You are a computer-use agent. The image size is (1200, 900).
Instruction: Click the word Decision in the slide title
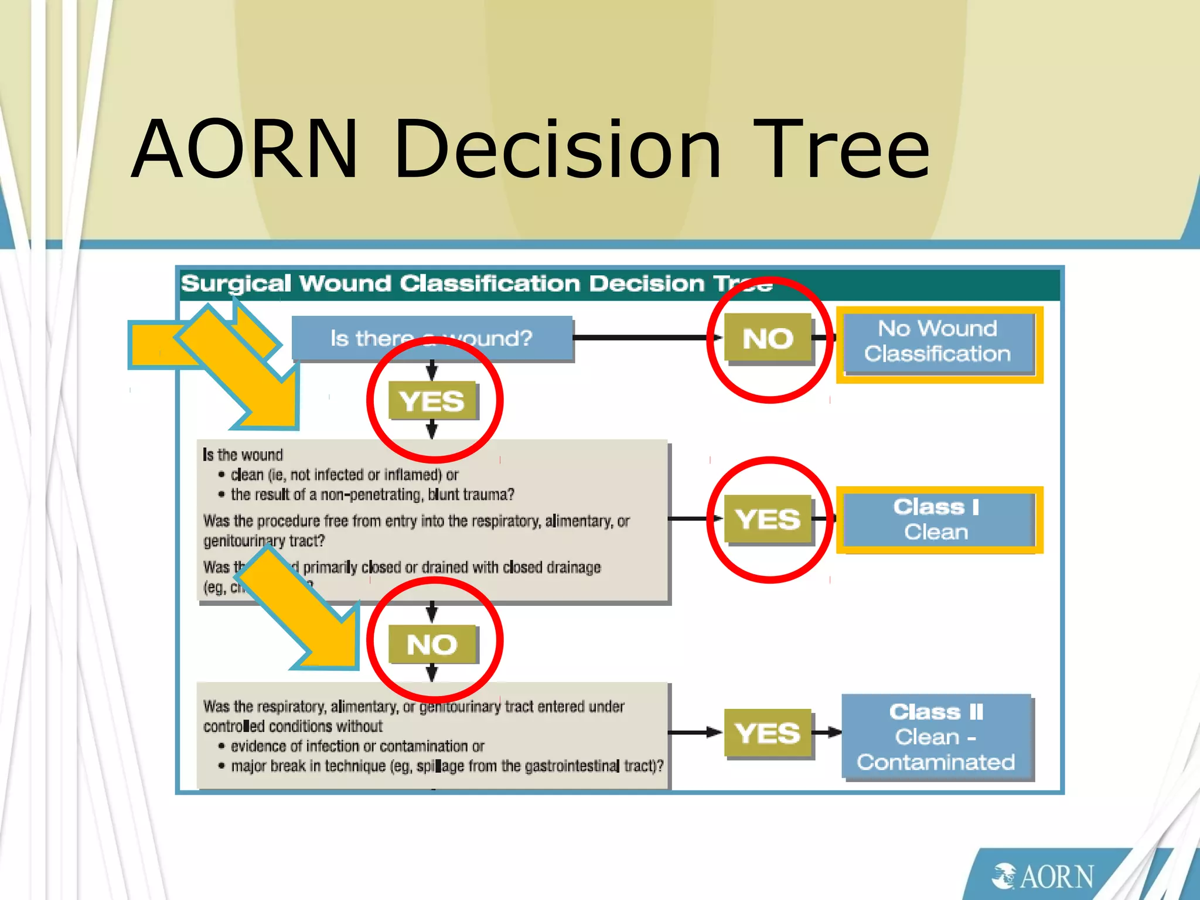[x=557, y=149]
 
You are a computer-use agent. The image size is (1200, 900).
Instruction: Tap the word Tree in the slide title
[x=841, y=149]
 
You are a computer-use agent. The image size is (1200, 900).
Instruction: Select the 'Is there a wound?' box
[x=432, y=338]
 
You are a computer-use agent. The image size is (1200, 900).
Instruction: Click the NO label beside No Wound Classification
[x=768, y=339]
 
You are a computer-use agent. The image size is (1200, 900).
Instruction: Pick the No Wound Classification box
[x=937, y=342]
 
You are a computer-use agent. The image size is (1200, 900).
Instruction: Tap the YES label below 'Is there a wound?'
[x=432, y=401]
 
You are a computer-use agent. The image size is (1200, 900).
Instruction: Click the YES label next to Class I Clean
[x=768, y=519]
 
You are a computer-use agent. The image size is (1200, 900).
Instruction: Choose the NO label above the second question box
[x=432, y=645]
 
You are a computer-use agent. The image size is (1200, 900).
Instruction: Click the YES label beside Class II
[x=768, y=733]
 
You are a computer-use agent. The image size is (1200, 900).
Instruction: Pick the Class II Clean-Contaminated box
[x=936, y=737]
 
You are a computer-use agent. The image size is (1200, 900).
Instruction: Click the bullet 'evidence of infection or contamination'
[x=357, y=746]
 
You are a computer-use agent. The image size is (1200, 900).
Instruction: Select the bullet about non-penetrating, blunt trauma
[x=372, y=495]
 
